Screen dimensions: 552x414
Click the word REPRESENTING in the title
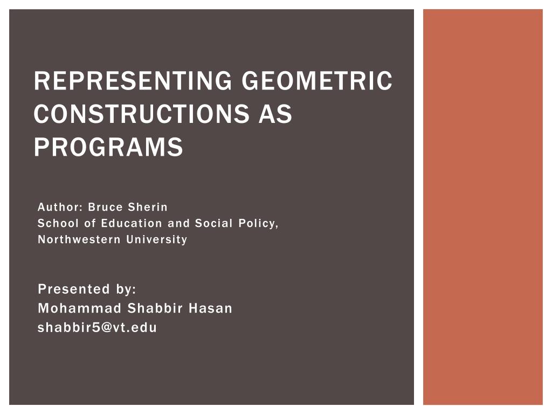[133, 81]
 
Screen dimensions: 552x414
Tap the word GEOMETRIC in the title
[317, 81]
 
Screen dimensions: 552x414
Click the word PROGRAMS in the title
[108, 147]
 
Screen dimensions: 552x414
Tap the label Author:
[60, 207]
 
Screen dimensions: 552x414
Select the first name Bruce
[105, 207]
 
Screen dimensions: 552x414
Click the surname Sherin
[148, 207]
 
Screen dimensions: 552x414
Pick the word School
[58, 223]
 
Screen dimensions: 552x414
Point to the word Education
[132, 223]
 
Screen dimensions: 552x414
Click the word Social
[213, 223]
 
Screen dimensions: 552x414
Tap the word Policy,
[258, 224]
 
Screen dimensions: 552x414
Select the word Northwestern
[79, 239]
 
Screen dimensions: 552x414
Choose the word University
[157, 240]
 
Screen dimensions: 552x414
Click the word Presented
[74, 289]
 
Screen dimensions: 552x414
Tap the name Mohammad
[80, 308]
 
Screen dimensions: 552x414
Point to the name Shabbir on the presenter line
[155, 308]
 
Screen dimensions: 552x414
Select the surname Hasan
[211, 308]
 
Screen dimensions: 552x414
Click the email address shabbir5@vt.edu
[97, 327]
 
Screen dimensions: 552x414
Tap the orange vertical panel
[482, 207]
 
